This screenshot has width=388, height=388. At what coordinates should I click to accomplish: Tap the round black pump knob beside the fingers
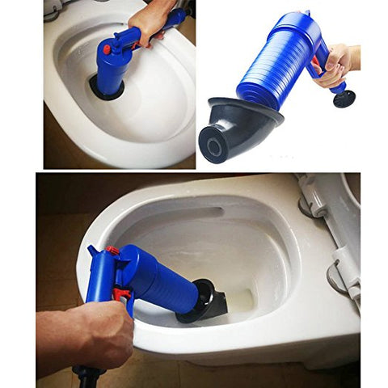(x=345, y=99)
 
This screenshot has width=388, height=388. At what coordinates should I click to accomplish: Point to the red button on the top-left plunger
(x=106, y=49)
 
